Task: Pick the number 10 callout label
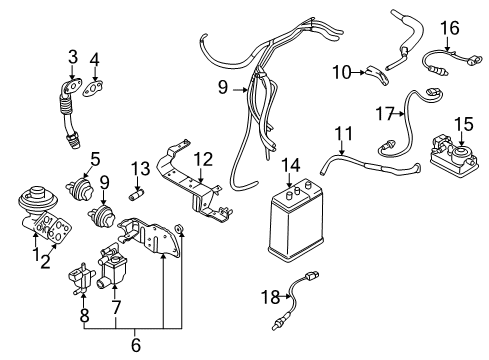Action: click(x=341, y=71)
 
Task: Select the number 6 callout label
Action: click(x=135, y=346)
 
